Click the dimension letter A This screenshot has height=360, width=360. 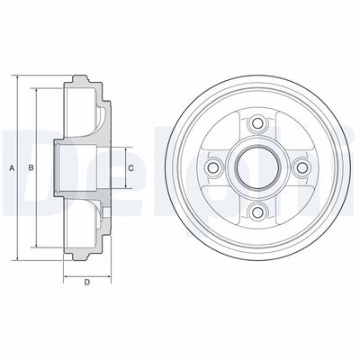pyautogui.click(x=12, y=168)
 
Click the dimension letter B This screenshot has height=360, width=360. pyautogui.click(x=31, y=168)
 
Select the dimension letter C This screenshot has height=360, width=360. pyautogui.click(x=130, y=168)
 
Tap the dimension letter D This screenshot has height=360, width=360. pyautogui.click(x=87, y=283)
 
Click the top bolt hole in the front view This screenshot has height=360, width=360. pyautogui.click(x=257, y=122)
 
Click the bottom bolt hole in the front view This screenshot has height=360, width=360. pyautogui.click(x=257, y=212)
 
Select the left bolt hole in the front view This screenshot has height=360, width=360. pyautogui.click(x=212, y=167)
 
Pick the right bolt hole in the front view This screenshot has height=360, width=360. pyautogui.click(x=301, y=167)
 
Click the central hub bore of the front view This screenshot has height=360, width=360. pyautogui.click(x=257, y=167)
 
